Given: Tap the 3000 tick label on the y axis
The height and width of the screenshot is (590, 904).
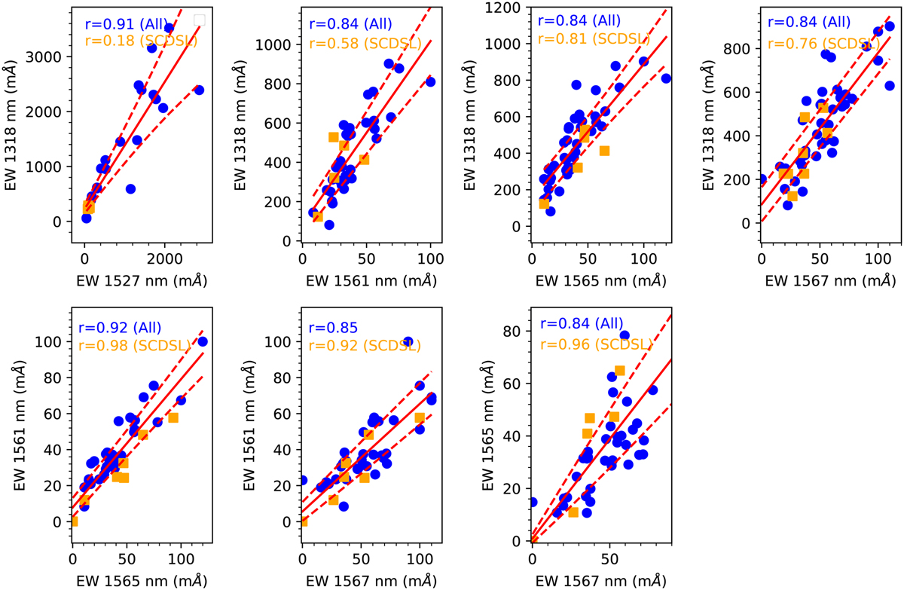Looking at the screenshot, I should pyautogui.click(x=46, y=57).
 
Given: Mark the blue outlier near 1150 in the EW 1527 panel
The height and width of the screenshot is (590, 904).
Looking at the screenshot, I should pyautogui.click(x=130, y=189).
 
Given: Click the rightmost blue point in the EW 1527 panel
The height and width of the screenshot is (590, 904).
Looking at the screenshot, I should pyautogui.click(x=199, y=90).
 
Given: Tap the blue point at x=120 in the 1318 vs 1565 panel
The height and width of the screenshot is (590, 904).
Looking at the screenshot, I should pyautogui.click(x=666, y=78).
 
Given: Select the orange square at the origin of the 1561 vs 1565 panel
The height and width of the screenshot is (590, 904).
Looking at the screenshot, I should pyautogui.click(x=73, y=521).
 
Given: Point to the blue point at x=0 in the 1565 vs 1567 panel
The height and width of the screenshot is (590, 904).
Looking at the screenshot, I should pyautogui.click(x=532, y=502).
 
